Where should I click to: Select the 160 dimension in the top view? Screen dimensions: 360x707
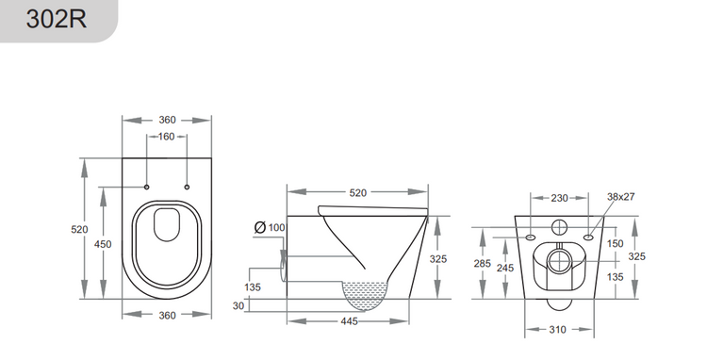pyautogui.click(x=167, y=137)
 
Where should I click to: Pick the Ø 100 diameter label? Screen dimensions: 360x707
pyautogui.click(x=271, y=228)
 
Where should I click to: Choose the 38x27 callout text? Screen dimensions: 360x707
pyautogui.click(x=621, y=197)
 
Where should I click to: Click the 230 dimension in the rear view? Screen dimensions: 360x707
pyautogui.click(x=559, y=198)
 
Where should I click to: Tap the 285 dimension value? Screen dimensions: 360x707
pyautogui.click(x=483, y=265)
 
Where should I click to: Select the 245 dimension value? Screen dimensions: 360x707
pyautogui.click(x=506, y=268)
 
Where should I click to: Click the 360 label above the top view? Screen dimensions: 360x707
pyautogui.click(x=167, y=120)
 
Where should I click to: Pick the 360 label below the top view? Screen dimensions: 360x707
pyautogui.click(x=167, y=315)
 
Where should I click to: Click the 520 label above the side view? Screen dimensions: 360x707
pyautogui.click(x=357, y=192)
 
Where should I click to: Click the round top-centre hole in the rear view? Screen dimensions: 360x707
pyautogui.click(x=559, y=226)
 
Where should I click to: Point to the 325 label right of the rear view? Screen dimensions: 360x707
pyautogui.click(x=637, y=255)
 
